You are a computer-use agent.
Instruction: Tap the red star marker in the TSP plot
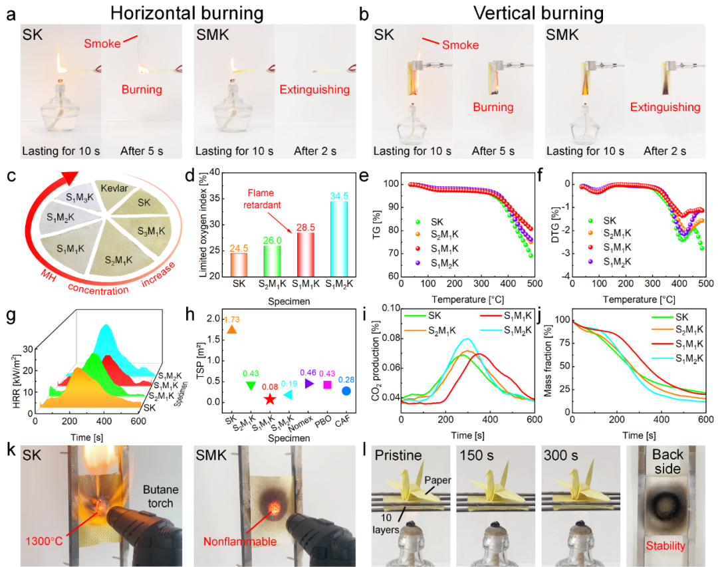pos(269,399)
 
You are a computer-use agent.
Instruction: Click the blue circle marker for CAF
pos(346,391)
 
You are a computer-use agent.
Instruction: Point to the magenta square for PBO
pos(327,385)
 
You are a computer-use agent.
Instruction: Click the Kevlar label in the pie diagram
pos(112,189)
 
